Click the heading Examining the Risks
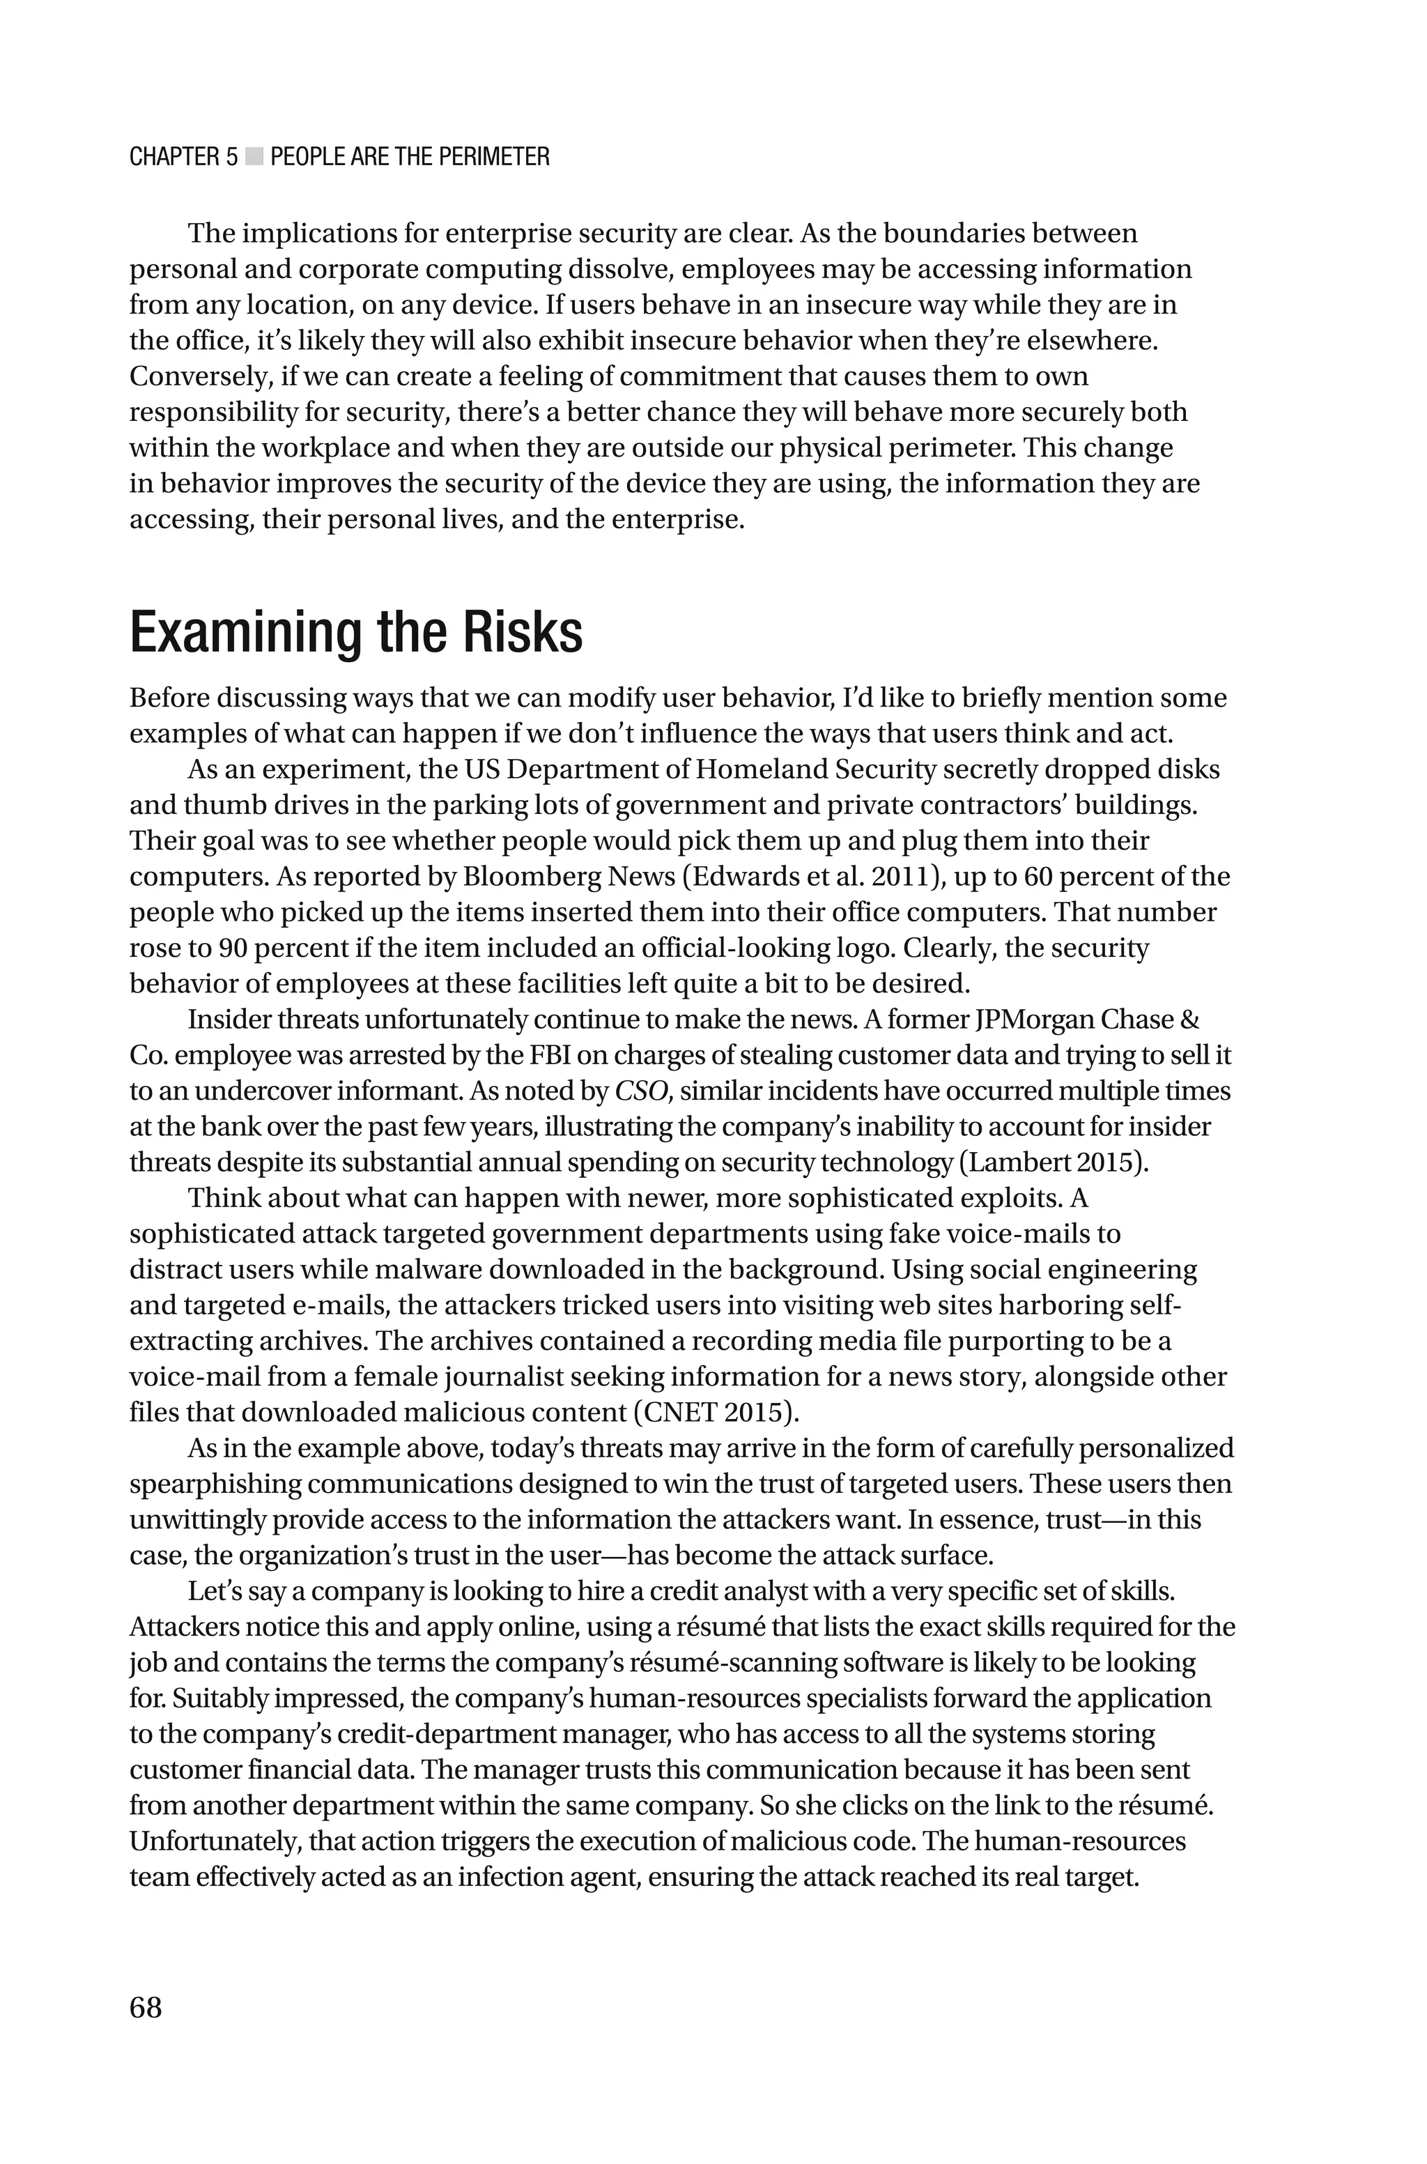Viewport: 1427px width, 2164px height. [x=356, y=634]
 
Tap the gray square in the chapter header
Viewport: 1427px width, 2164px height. [x=254, y=158]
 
